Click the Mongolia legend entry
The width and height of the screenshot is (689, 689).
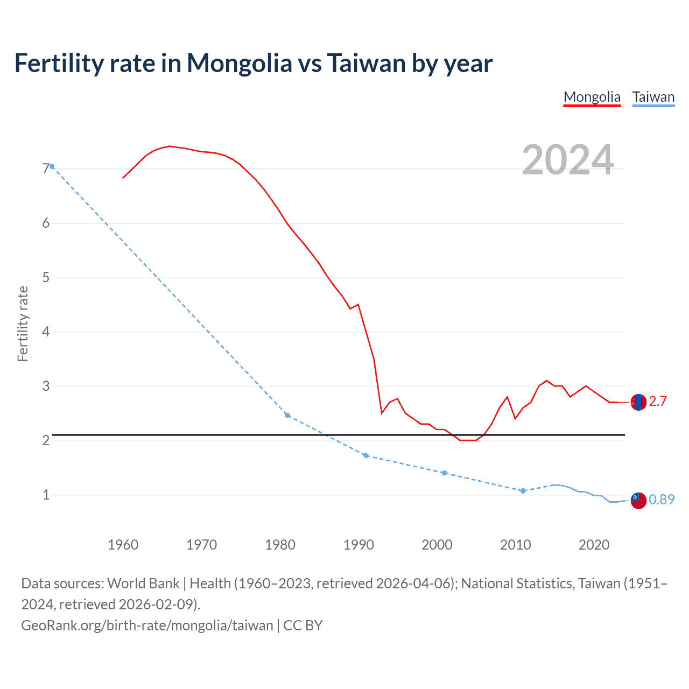[592, 97]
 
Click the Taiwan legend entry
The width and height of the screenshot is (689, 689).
[653, 97]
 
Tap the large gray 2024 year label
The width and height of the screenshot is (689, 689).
[567, 160]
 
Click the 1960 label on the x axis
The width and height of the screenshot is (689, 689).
[123, 545]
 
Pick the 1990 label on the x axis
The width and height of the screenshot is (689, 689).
[358, 545]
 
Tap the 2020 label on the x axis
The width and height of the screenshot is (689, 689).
[594, 545]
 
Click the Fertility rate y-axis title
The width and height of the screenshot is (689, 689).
[23, 324]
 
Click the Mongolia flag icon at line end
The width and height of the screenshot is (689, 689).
[638, 402]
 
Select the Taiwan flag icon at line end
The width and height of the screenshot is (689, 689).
[638, 500]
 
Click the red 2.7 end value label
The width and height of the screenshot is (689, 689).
[658, 402]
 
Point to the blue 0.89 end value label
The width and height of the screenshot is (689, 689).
[662, 500]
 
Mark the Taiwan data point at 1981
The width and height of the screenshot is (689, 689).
[287, 415]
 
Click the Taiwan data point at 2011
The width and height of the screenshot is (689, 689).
[523, 491]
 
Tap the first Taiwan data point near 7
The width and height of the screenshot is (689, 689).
[52, 166]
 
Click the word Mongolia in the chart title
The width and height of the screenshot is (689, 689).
[239, 64]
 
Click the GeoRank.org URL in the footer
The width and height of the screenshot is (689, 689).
[147, 625]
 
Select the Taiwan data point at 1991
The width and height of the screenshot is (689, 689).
[366, 455]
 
